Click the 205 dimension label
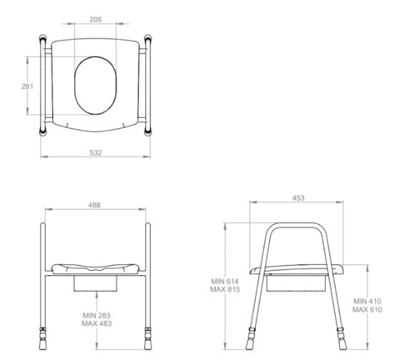pyautogui.click(x=96, y=19)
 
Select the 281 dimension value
pyautogui.click(x=27, y=86)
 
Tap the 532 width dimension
pyautogui.click(x=96, y=153)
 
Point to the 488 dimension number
pyautogui.click(x=94, y=205)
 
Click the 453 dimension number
pyautogui.click(x=298, y=198)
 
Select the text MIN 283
pyautogui.click(x=96, y=316)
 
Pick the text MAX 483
pyautogui.click(x=96, y=324)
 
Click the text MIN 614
pyautogui.click(x=225, y=281)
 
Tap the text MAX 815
pyautogui.click(x=225, y=289)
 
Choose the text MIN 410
pyautogui.click(x=367, y=301)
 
